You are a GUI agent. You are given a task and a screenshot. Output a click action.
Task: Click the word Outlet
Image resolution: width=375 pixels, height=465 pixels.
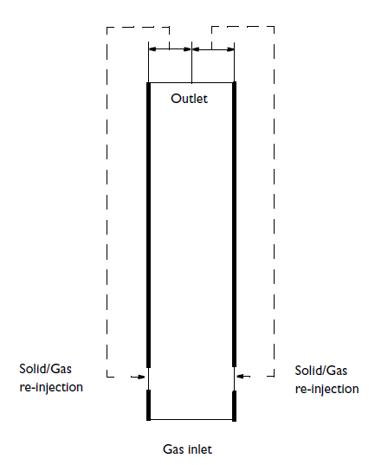[x=189, y=99]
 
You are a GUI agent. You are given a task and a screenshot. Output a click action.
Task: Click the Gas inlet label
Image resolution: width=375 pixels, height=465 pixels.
[x=187, y=449]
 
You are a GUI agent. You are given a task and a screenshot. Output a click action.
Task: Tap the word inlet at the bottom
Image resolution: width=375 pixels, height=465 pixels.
[x=200, y=449]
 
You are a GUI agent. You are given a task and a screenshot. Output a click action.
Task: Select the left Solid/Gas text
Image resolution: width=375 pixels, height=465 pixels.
[x=45, y=369]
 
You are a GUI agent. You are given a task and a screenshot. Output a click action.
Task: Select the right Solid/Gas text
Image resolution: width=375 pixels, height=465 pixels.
[x=321, y=371]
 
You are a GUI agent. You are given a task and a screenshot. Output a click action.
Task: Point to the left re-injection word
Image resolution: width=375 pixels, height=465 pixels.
[x=51, y=387]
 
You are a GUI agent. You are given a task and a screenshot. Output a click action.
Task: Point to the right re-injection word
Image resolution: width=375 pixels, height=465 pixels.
[x=327, y=389]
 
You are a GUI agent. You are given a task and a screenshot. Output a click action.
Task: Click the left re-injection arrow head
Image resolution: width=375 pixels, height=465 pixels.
[x=142, y=377]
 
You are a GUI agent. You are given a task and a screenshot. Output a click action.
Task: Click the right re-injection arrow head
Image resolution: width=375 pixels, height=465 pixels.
[x=240, y=377]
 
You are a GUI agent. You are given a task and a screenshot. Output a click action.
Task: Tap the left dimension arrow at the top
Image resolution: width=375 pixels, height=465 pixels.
[x=170, y=49]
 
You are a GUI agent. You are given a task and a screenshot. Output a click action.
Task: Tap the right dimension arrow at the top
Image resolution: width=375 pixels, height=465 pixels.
[x=213, y=49]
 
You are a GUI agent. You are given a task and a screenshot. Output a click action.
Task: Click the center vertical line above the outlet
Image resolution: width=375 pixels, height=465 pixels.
[x=191, y=62]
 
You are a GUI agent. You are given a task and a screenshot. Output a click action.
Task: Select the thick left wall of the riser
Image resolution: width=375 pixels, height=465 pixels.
[x=149, y=225]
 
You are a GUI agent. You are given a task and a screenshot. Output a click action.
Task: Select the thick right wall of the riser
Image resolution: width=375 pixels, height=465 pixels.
[x=234, y=224]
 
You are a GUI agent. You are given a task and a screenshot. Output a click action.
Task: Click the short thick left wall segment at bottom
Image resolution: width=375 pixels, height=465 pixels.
[x=149, y=405]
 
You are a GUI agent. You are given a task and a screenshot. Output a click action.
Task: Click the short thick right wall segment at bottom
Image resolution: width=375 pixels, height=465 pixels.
[x=234, y=406]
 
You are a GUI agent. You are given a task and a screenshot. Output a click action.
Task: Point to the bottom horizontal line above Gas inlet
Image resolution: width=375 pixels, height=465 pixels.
[x=191, y=420]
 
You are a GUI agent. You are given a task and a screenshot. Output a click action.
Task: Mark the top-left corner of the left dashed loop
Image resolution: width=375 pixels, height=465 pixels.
[x=107, y=28]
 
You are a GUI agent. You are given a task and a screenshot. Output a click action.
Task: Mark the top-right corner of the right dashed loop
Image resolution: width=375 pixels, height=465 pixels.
[x=274, y=27]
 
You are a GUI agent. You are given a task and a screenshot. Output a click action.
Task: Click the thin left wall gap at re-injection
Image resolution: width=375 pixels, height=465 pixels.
[x=148, y=378]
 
